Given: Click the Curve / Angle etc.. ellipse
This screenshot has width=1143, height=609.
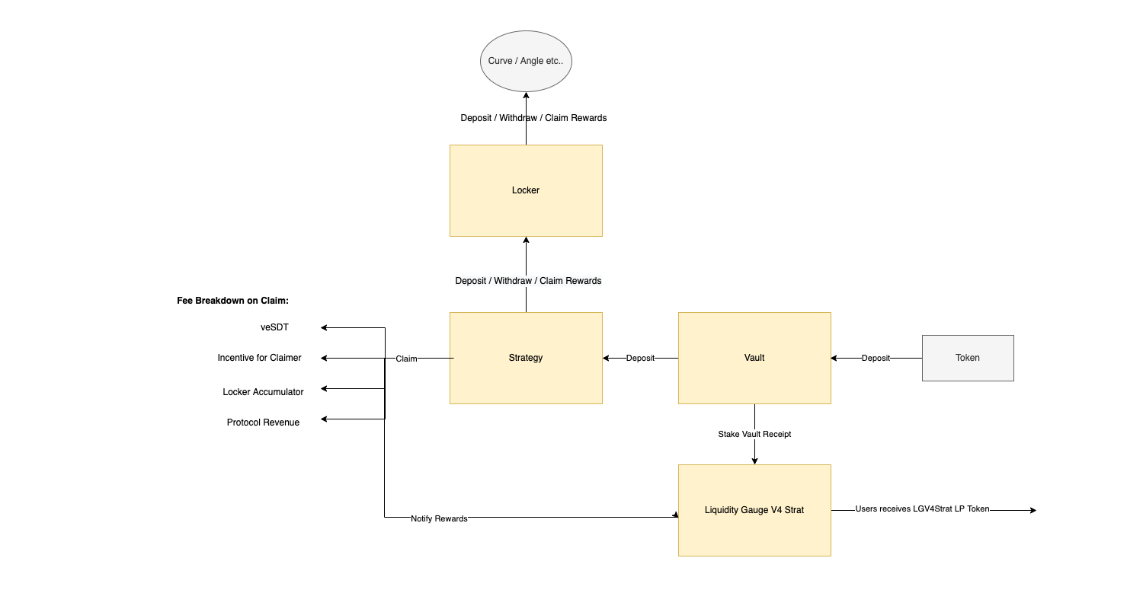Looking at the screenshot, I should (x=526, y=61).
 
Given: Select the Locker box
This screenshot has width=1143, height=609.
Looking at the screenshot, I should (x=526, y=190).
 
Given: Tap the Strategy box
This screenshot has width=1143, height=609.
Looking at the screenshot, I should (x=526, y=358).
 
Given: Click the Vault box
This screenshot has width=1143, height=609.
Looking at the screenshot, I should (x=754, y=358).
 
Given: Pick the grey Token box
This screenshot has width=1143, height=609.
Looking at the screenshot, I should (x=968, y=358).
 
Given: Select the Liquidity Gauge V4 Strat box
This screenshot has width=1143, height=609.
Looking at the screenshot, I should (x=754, y=510).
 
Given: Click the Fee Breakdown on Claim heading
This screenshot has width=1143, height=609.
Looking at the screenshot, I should (x=232, y=301).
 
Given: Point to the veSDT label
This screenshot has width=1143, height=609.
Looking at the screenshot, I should (x=274, y=327).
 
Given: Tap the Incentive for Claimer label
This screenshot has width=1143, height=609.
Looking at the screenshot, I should (x=259, y=358).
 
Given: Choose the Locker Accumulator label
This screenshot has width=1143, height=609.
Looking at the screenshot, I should (x=263, y=392).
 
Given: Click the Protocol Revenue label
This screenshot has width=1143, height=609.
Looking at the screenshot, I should (x=263, y=422).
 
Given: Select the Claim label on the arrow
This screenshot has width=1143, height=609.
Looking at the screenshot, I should (x=406, y=359).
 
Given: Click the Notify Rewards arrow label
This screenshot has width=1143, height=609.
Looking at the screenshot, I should (x=439, y=518).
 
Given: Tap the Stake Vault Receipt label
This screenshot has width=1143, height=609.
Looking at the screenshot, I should (x=754, y=434).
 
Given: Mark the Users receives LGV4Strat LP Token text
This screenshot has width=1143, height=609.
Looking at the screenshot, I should (x=922, y=509).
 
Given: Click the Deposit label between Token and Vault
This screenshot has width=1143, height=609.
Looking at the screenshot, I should (x=876, y=358).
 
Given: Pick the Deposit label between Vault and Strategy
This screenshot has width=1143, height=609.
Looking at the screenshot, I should (x=640, y=358).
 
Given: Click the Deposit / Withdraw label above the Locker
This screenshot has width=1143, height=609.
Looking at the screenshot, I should (x=533, y=118).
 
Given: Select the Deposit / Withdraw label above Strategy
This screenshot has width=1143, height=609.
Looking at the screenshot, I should (x=528, y=281).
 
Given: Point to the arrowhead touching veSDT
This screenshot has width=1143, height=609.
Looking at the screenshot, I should (x=324, y=327).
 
